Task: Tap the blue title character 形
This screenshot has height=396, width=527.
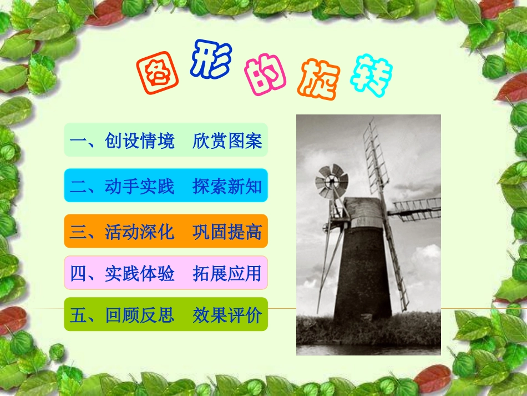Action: point(210,61)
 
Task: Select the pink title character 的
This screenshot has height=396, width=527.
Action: point(265,76)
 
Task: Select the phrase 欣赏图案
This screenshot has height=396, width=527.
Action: point(227,141)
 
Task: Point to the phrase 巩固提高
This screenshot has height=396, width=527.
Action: point(227,231)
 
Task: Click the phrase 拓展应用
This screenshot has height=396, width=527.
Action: point(227,273)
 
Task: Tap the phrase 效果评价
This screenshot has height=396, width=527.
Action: point(227,315)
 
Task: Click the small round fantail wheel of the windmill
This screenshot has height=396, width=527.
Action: point(332,181)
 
